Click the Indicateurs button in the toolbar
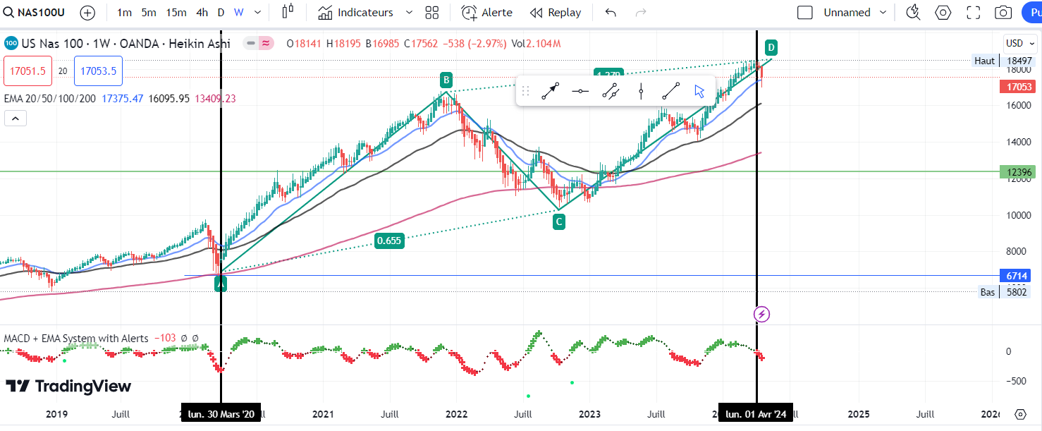pyautogui.click(x=364, y=13)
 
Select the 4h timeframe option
pyautogui.click(x=202, y=13)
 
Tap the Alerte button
pyautogui.click(x=487, y=13)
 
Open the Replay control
pyautogui.click(x=556, y=13)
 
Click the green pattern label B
pyautogui.click(x=446, y=79)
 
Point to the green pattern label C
pyautogui.click(x=558, y=221)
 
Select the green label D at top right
pyautogui.click(x=771, y=48)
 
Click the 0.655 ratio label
pyautogui.click(x=388, y=241)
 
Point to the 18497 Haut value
pyautogui.click(x=1019, y=61)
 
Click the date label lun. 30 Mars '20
pyautogui.click(x=221, y=414)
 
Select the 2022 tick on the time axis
pyautogui.click(x=456, y=414)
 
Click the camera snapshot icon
pyautogui.click(x=1003, y=13)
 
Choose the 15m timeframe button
pyautogui.click(x=176, y=13)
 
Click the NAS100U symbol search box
pyautogui.click(x=35, y=13)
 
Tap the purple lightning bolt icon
pyautogui.click(x=761, y=315)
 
